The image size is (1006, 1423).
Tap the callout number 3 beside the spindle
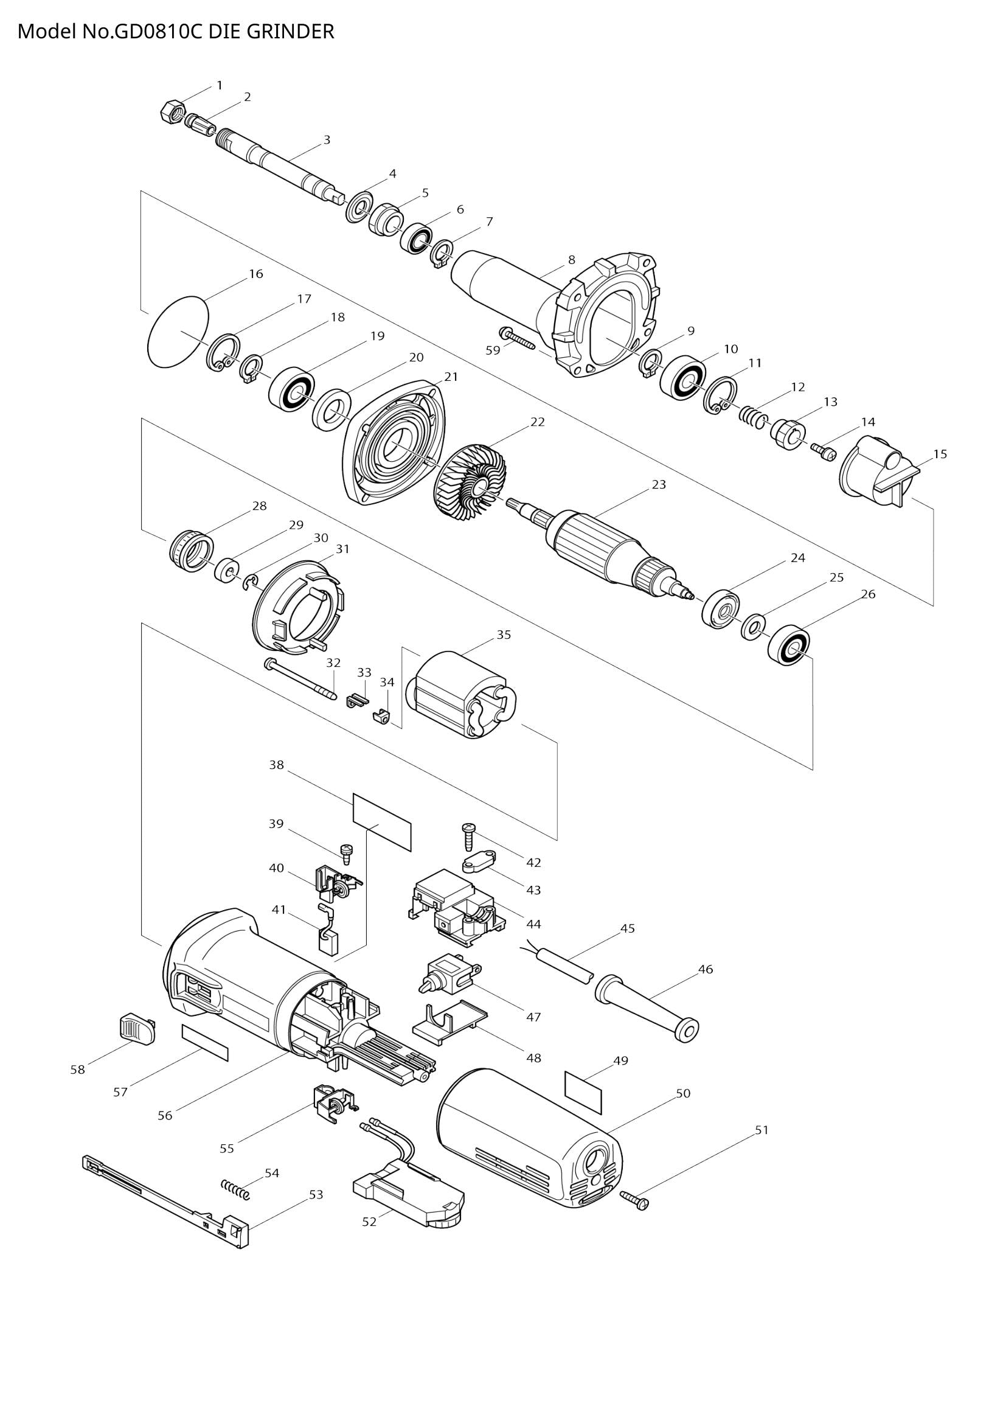[327, 140]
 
